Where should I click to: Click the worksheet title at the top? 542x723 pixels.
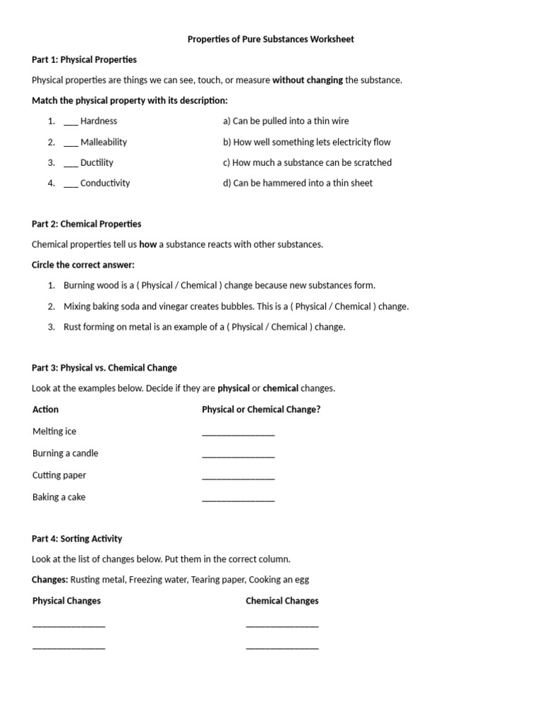click(x=270, y=39)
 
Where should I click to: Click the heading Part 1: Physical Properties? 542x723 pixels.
click(x=84, y=59)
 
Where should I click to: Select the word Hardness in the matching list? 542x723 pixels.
click(x=99, y=121)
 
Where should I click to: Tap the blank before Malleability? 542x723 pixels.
click(x=71, y=143)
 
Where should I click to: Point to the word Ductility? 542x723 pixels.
click(x=97, y=162)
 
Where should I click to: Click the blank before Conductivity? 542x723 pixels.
click(x=71, y=184)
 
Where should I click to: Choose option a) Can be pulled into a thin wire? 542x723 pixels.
click(x=286, y=121)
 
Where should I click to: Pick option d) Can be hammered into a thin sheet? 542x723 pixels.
click(x=298, y=183)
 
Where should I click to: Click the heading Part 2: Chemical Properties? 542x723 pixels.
click(x=86, y=224)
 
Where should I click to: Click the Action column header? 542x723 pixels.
click(x=45, y=409)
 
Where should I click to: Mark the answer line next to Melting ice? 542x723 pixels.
click(x=238, y=434)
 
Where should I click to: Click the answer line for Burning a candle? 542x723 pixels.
click(x=238, y=455)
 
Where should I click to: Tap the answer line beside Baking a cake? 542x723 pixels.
click(x=238, y=499)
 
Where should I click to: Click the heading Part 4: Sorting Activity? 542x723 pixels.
click(x=77, y=538)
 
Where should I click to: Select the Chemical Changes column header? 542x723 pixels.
click(x=282, y=601)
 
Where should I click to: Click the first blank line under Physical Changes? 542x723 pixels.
click(x=68, y=626)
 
